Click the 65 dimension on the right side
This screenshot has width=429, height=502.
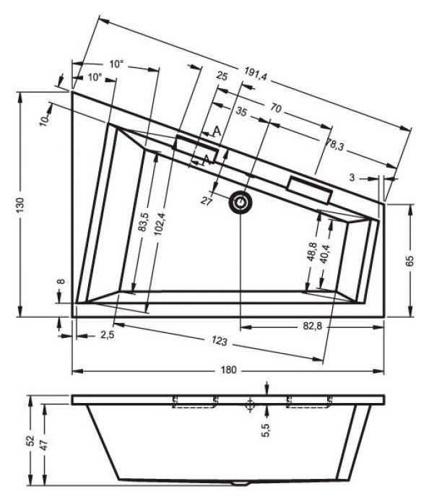(411, 261)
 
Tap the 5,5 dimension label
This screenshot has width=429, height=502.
(266, 431)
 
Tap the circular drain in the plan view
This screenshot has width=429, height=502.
(240, 204)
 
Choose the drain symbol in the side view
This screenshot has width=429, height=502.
(249, 405)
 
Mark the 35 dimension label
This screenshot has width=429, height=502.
(241, 113)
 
